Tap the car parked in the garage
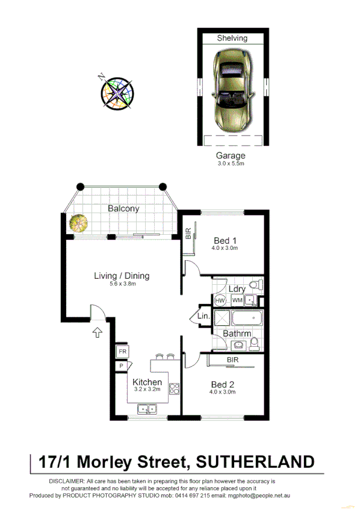coord(232,91)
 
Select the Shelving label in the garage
coord(232,38)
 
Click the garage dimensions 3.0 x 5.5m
coord(232,163)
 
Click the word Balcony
coord(123,209)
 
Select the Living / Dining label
coord(121,276)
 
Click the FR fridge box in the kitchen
coord(122,351)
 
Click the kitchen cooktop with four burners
coord(174,389)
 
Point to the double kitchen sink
coord(147,410)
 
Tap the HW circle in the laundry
coord(220,300)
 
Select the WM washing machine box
coord(237,300)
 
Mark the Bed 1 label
coord(224,239)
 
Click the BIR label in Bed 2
coord(232,360)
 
